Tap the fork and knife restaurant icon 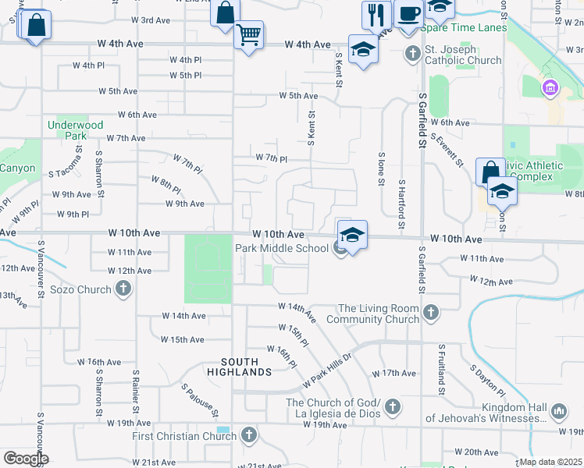[x=376, y=13]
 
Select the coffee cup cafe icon [x=408, y=13]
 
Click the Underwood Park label [x=76, y=129]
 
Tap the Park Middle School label [x=282, y=248]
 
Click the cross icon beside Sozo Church [x=123, y=289]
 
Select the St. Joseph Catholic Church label [x=463, y=54]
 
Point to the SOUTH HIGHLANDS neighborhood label [x=246, y=367]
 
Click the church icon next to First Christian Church [x=248, y=435]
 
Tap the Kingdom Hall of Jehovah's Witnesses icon [x=558, y=411]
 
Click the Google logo [x=26, y=459]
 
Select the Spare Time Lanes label [x=464, y=27]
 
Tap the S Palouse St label [x=200, y=399]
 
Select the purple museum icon [x=551, y=87]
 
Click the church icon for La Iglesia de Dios [x=393, y=407]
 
